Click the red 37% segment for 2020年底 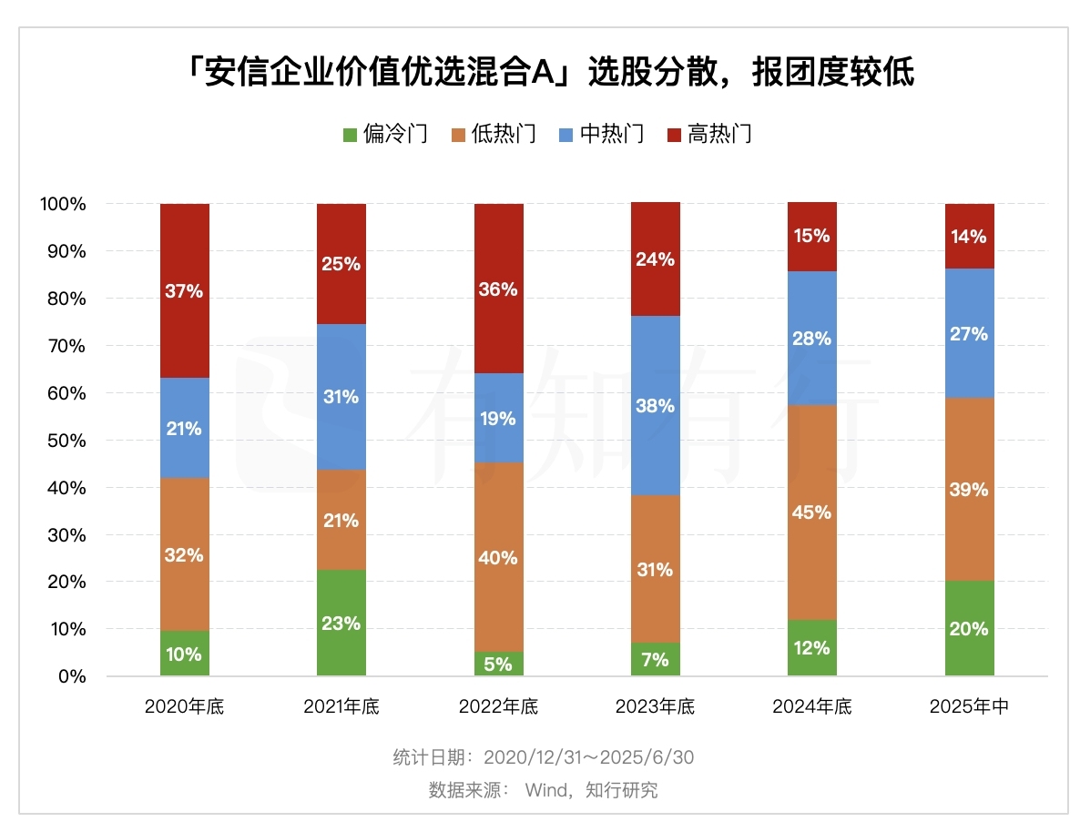[x=184, y=290]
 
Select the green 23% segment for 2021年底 [x=341, y=623]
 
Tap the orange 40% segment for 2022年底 [x=499, y=557]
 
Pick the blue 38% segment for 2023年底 [x=656, y=405]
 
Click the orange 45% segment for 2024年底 [x=812, y=512]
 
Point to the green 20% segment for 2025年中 [x=969, y=628]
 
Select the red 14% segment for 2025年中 [x=969, y=236]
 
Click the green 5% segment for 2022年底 [x=499, y=664]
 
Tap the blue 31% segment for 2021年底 [x=341, y=396]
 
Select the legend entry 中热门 [x=600, y=135]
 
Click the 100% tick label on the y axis [x=63, y=204]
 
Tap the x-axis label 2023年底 [x=656, y=706]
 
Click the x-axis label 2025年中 [x=969, y=706]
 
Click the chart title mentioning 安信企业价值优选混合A [x=540, y=73]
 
